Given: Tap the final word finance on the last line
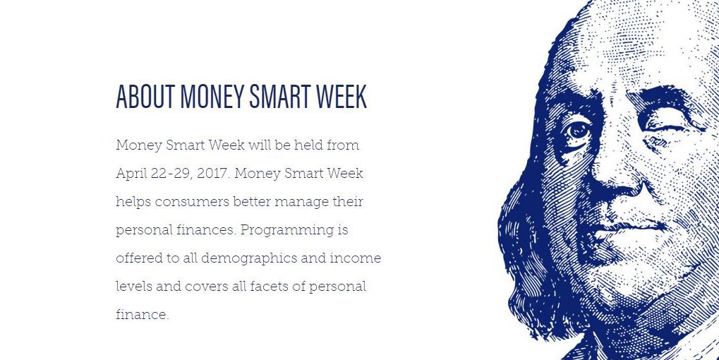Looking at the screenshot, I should (x=141, y=315).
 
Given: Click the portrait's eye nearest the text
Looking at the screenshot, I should (x=579, y=131).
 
